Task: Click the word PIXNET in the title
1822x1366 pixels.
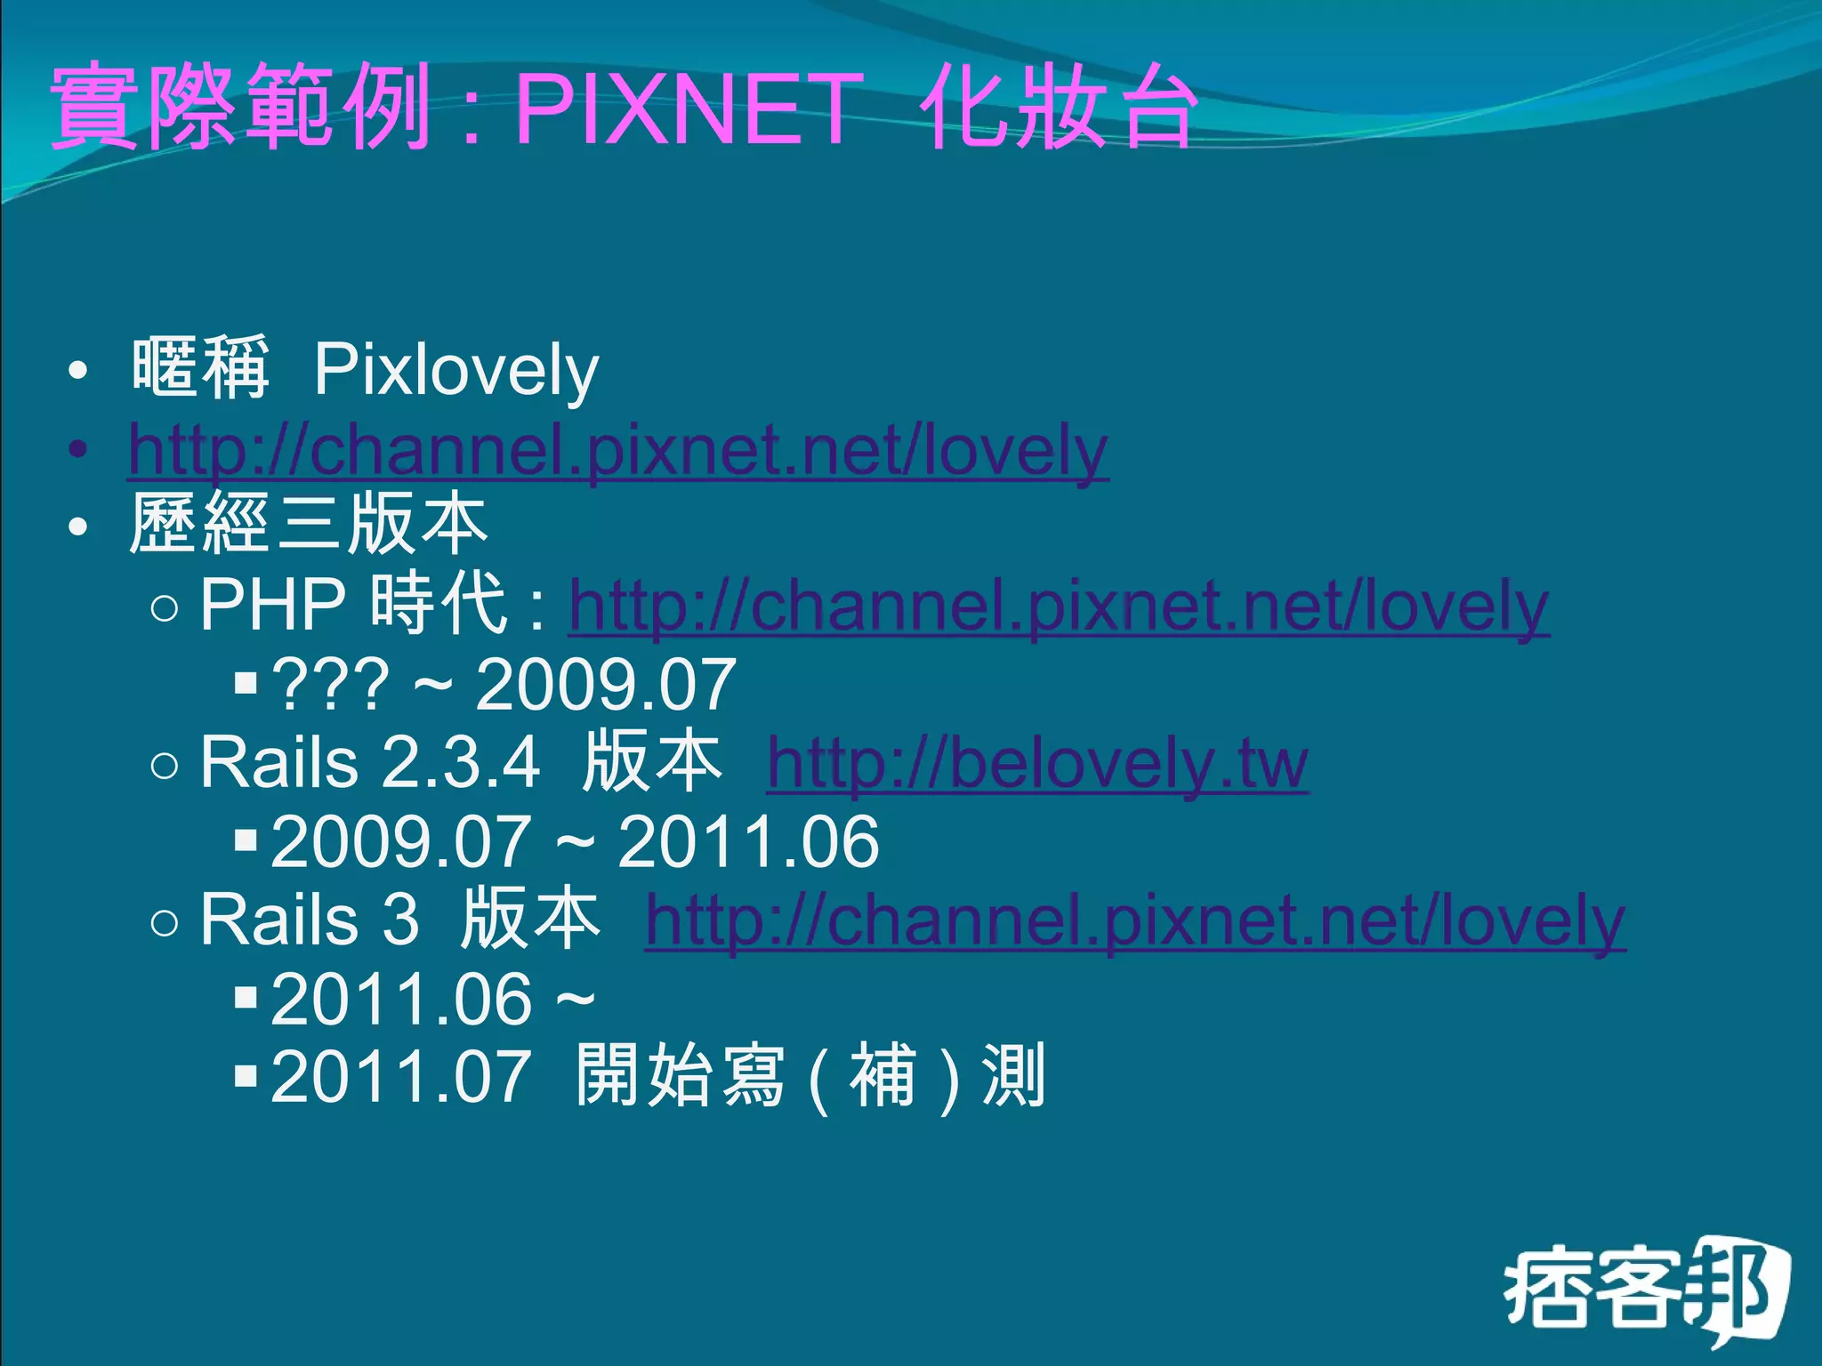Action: coord(689,108)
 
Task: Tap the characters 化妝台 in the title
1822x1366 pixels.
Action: coord(1059,108)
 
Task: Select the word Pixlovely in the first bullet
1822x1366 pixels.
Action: coord(456,370)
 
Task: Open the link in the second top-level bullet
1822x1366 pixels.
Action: coord(618,450)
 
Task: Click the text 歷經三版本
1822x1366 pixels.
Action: coord(309,525)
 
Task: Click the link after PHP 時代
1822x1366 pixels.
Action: coord(1059,607)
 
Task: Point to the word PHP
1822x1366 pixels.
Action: coord(272,605)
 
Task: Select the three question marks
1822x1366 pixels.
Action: coord(330,685)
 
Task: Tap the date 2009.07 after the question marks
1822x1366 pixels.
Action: coord(606,685)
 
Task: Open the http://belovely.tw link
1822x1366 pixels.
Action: coord(1037,763)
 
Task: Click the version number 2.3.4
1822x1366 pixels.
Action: coord(461,763)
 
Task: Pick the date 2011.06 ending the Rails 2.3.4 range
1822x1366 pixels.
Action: coord(748,841)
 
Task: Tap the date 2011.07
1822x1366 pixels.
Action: coord(401,1076)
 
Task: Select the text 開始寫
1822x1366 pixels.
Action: coord(681,1076)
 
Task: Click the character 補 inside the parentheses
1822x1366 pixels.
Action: coord(883,1076)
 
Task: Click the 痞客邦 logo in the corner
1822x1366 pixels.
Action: coord(1646,1290)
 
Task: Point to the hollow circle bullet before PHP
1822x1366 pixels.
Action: coord(165,608)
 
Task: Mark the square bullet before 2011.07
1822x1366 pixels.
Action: coord(246,1077)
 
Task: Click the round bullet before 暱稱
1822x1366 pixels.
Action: coord(78,371)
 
